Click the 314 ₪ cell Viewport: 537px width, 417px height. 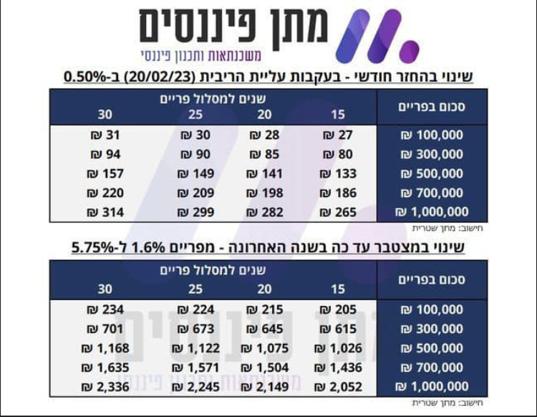tap(105, 212)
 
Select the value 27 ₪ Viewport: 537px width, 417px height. tap(338, 135)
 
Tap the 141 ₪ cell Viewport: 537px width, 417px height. tap(265, 173)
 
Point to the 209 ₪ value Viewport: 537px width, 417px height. tap(195, 193)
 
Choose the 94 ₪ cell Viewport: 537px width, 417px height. tap(105, 154)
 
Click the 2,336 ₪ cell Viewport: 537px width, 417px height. tap(105, 387)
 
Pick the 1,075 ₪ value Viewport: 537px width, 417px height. tap(265, 348)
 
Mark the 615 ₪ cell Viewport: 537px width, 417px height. tap(338, 329)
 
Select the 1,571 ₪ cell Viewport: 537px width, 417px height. tap(195, 368)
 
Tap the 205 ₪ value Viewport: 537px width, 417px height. tap(338, 310)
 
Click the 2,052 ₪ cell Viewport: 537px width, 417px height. tap(338, 387)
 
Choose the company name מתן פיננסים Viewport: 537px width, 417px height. tap(234, 26)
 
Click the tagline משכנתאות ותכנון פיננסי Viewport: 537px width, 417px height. tap(201, 55)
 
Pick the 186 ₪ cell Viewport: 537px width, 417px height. tap(338, 193)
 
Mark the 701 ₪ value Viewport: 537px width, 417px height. tap(105, 329)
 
